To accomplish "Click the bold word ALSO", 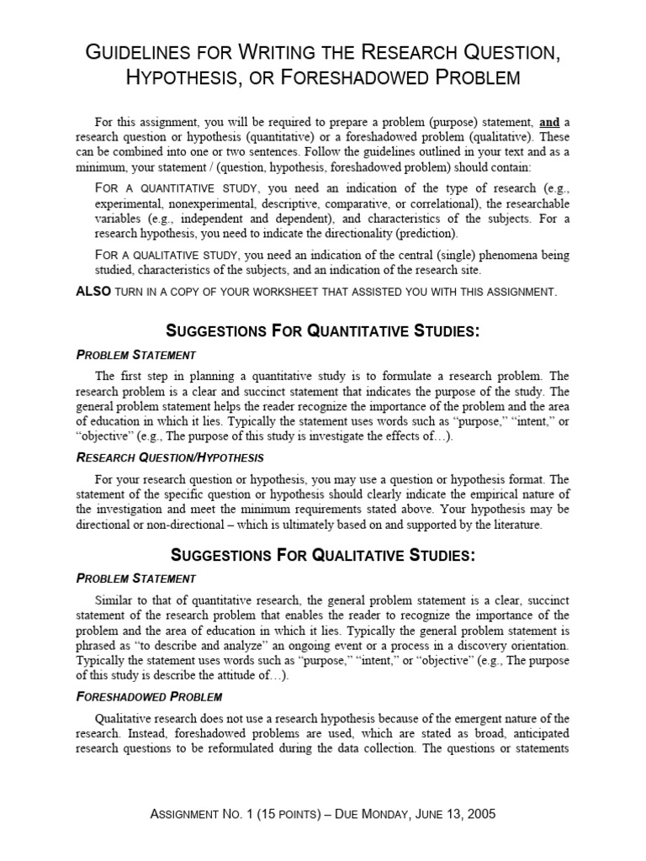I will coord(93,292).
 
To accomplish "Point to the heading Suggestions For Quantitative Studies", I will coord(324,331).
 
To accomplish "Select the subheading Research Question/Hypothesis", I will coord(170,457).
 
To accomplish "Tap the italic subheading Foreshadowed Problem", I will coord(149,697).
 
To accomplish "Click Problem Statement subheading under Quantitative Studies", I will coord(135,355).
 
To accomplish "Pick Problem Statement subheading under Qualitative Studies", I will coord(135,578).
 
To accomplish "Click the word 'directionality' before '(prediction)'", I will coord(369,233).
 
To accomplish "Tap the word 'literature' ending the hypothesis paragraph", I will coord(512,525).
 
